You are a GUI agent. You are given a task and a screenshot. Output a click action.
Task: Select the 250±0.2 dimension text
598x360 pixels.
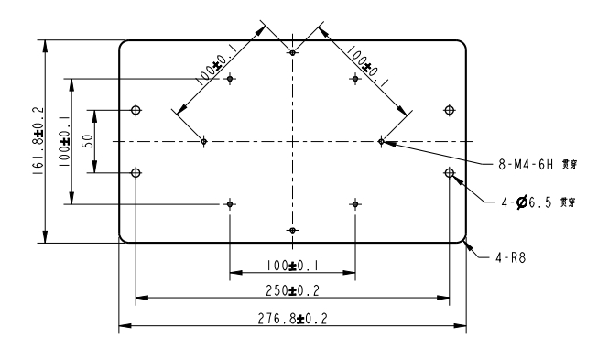pos(291,290)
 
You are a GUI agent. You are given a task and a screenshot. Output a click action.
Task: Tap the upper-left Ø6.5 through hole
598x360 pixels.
pos(136,111)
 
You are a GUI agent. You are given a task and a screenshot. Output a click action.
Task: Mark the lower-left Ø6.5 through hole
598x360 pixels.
pos(136,172)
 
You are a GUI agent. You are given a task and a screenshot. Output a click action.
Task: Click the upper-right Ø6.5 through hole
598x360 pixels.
pos(449,111)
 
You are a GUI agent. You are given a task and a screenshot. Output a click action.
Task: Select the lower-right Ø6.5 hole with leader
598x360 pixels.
pos(449,172)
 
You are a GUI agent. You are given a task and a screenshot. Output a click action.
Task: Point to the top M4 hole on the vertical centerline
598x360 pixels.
pos(292,53)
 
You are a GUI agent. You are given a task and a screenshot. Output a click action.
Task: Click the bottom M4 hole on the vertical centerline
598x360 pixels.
pos(292,229)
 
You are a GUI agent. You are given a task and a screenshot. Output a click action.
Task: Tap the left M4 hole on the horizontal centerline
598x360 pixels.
pos(204,141)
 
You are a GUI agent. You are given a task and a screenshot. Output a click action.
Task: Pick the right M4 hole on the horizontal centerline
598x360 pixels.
pos(381,141)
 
